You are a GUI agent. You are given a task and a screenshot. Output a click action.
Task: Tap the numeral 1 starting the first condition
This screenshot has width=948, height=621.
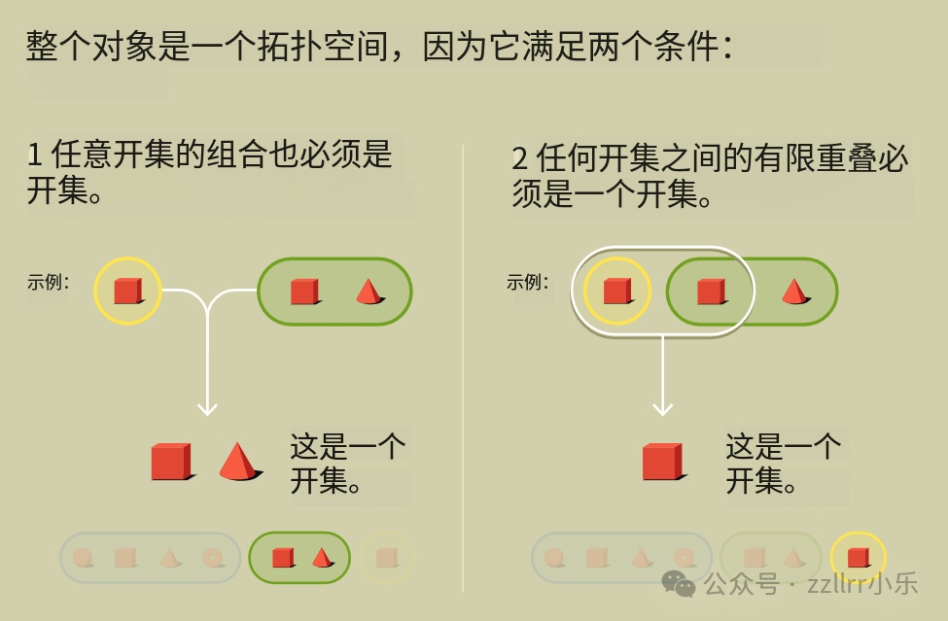click(34, 155)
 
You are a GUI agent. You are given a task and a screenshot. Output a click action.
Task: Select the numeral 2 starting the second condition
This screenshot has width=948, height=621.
click(520, 158)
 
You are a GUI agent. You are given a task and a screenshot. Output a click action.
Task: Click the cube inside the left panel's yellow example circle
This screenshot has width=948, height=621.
click(128, 291)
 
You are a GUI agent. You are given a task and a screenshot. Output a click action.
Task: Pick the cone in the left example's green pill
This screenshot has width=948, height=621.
click(369, 292)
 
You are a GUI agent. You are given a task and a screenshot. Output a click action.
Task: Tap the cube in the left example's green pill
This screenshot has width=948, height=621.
click(304, 292)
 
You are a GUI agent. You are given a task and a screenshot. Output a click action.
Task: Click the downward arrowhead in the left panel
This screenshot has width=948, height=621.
click(207, 409)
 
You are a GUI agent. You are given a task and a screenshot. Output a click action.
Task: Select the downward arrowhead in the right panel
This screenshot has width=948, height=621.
click(663, 409)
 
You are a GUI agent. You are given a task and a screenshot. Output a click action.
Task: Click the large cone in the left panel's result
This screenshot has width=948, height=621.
click(239, 462)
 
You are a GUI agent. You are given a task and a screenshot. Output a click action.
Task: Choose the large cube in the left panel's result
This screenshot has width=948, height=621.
click(172, 462)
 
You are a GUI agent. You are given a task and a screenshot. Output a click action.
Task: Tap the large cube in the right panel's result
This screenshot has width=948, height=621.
click(664, 462)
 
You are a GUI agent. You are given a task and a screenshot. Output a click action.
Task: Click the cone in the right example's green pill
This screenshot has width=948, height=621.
click(795, 292)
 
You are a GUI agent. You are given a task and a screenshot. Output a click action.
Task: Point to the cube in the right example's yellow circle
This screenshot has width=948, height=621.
click(617, 291)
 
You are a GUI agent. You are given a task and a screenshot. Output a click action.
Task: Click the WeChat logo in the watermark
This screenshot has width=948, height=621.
click(679, 583)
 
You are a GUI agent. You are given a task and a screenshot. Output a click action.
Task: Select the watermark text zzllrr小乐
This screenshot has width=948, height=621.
click(862, 583)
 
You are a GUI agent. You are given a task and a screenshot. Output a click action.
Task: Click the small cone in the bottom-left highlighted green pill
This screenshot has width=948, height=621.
click(322, 557)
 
